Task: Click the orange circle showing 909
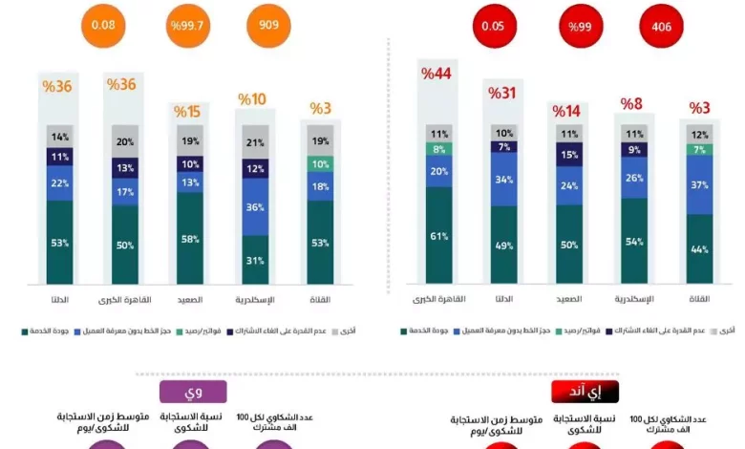[268, 25]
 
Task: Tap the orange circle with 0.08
[102, 25]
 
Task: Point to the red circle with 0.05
[493, 27]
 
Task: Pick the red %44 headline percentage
[436, 75]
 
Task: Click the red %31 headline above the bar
[502, 93]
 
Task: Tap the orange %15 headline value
[187, 111]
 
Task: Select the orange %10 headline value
[252, 99]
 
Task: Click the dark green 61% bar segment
[439, 235]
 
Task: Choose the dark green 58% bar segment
[187, 238]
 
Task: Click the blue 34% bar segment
[504, 179]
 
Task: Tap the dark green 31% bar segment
[255, 260]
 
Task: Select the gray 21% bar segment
[255, 142]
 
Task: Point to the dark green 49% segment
[504, 244]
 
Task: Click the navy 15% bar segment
[569, 155]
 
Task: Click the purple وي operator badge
[192, 391]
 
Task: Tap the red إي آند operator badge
[585, 392]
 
